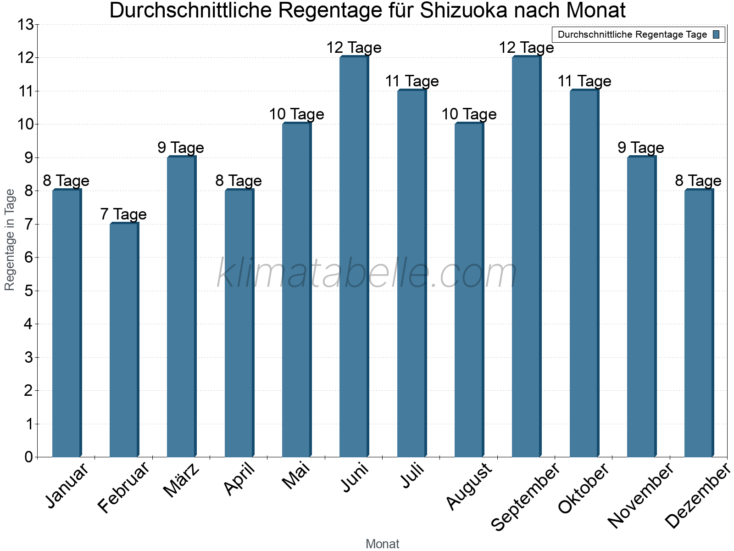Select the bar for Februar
click(x=124, y=340)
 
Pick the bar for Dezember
click(x=699, y=323)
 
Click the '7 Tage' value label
click(x=123, y=214)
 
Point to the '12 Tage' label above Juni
click(x=354, y=47)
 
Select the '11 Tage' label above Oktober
click(x=584, y=81)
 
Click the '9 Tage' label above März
click(x=181, y=147)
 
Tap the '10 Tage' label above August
click(x=469, y=114)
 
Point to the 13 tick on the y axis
click(x=25, y=24)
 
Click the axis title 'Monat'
click(x=382, y=544)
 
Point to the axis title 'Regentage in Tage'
click(x=10, y=240)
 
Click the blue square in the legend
click(x=716, y=34)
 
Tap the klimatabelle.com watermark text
click(x=367, y=274)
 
